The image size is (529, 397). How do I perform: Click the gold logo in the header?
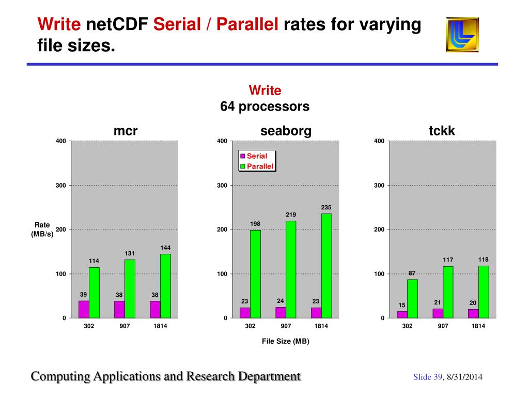(x=462, y=35)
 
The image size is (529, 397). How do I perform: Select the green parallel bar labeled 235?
(x=326, y=265)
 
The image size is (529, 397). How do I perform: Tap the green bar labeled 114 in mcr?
(x=94, y=292)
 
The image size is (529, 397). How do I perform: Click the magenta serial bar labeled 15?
(x=402, y=314)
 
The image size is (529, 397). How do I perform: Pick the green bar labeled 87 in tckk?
(x=412, y=298)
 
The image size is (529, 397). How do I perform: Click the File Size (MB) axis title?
(x=285, y=341)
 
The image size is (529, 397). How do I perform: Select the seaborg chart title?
(x=286, y=131)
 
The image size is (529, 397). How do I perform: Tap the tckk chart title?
(x=442, y=131)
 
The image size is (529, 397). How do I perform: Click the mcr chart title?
(x=126, y=131)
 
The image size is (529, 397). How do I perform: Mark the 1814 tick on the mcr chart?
(x=160, y=326)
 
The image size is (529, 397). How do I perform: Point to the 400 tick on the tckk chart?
(x=379, y=141)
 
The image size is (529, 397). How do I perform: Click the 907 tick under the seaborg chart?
(x=286, y=326)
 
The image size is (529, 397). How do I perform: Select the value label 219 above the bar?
(x=291, y=214)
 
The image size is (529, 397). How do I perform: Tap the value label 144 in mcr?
(x=165, y=248)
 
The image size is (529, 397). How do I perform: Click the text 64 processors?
(x=264, y=107)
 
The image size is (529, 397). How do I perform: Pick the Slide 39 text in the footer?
(x=428, y=377)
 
